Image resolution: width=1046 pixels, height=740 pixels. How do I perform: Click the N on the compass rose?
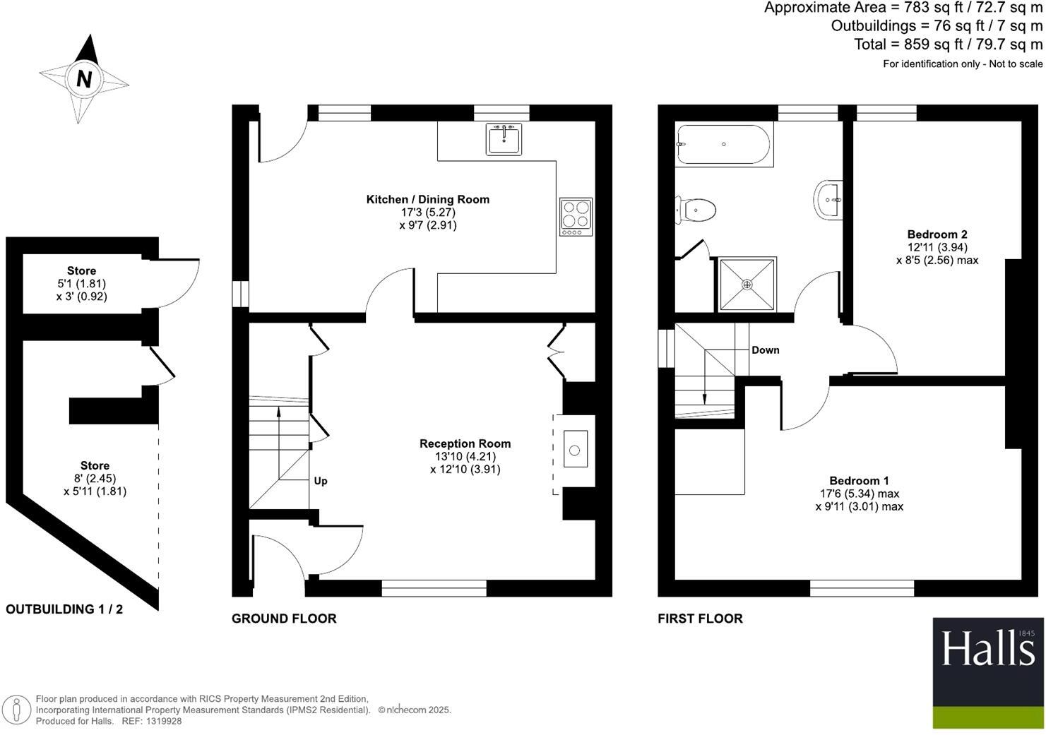[84, 79]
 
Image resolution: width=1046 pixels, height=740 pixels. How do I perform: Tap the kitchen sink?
[504, 139]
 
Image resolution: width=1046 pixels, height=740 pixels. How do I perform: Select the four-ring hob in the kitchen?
[576, 217]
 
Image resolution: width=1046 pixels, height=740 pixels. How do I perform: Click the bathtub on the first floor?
[723, 145]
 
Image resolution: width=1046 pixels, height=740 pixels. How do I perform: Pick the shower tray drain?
[747, 285]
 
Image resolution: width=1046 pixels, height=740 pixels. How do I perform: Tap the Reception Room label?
[465, 443]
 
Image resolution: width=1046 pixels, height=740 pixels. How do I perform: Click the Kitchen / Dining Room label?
[427, 199]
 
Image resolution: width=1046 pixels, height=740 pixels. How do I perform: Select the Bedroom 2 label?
[937, 234]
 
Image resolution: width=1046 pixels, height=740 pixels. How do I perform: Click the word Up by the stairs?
[321, 481]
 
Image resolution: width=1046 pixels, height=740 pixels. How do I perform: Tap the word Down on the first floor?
[765, 350]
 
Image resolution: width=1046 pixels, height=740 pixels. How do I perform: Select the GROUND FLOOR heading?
[284, 619]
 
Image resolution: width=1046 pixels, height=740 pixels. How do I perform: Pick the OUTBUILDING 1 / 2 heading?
[64, 609]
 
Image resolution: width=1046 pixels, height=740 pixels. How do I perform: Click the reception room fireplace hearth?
[574, 450]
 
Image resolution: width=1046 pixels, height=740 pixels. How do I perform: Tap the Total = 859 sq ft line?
[948, 44]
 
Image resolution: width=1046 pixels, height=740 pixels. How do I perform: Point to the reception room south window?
[434, 587]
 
